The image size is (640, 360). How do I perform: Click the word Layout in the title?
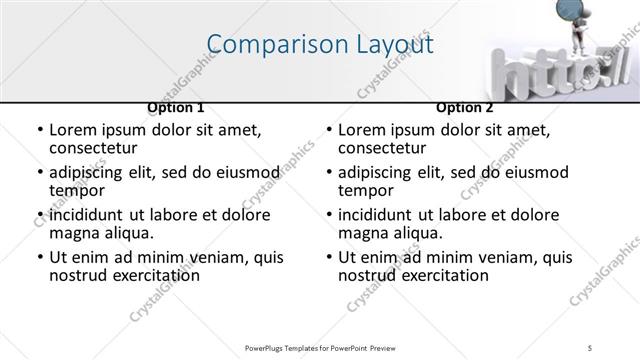396,45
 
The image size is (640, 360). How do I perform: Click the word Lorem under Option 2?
363,130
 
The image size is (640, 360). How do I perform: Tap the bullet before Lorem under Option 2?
329,131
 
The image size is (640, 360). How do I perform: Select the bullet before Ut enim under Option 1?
40,258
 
